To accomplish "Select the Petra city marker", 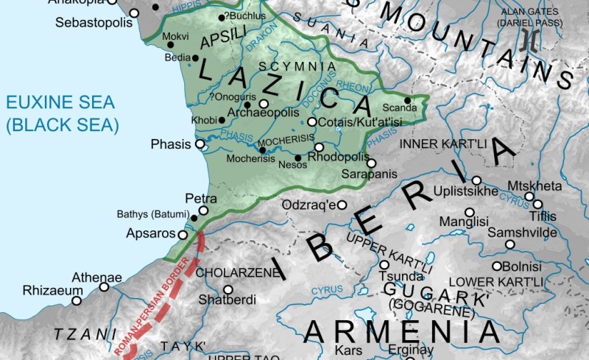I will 204,211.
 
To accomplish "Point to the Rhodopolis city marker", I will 319,147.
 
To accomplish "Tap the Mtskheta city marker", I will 529,197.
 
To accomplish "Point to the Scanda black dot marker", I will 406,100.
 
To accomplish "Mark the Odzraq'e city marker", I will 342,205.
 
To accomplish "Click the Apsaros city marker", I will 183,234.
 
